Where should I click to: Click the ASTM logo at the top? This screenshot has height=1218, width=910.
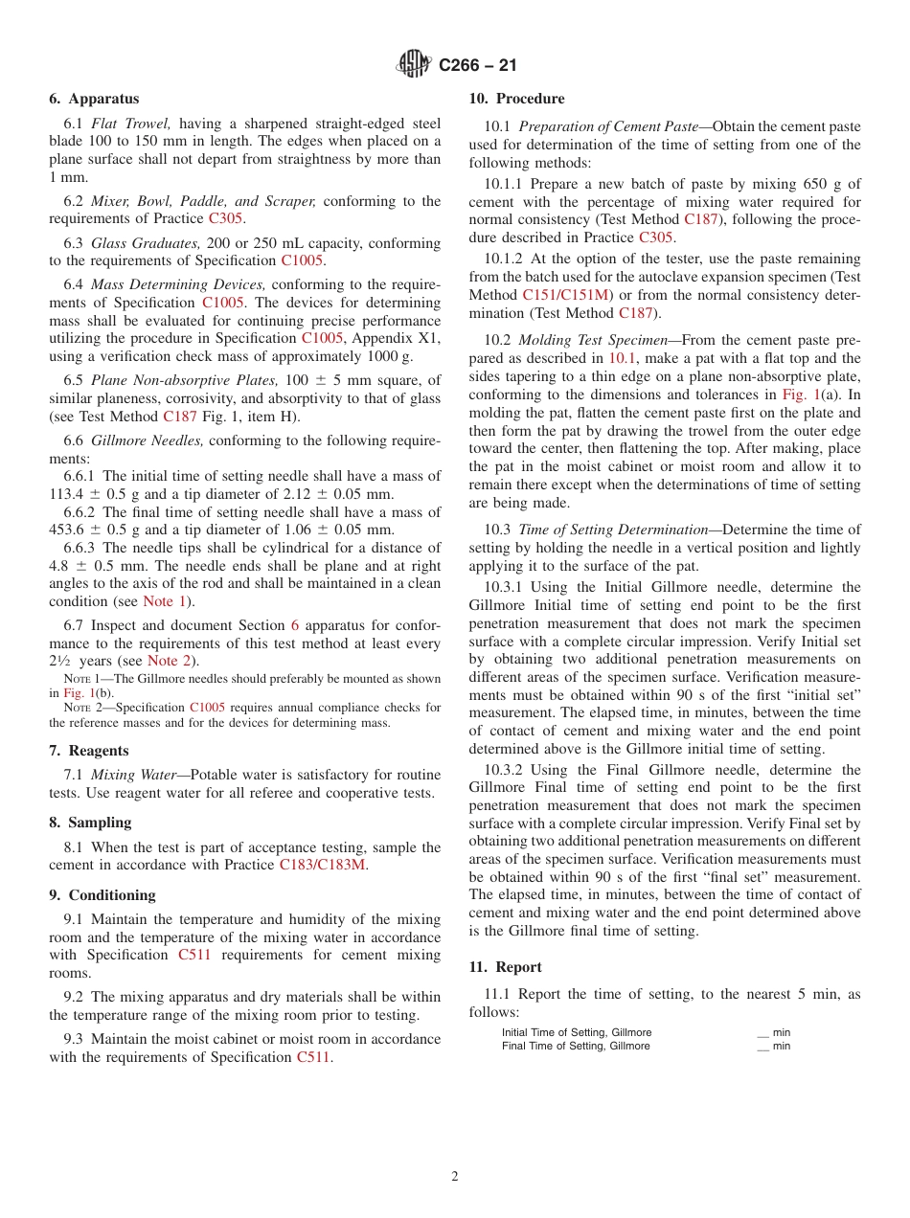414,64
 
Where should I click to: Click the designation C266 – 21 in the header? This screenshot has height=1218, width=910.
477,65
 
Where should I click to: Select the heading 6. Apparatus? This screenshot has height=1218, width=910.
94,99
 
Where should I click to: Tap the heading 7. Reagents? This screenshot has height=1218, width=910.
89,751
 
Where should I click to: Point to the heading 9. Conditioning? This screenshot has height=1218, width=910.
102,895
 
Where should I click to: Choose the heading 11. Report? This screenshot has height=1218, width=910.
505,967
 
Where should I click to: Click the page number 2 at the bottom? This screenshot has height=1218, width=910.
455,1177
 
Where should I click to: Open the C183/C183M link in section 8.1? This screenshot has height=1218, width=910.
323,866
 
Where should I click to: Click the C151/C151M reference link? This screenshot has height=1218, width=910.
565,295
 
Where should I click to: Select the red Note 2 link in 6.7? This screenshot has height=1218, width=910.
168,661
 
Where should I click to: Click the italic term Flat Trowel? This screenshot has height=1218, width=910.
131,124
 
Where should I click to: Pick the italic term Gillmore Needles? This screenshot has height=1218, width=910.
148,440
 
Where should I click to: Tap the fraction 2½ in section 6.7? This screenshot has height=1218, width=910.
60,661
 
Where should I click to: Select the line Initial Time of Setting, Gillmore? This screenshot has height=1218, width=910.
576,1032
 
